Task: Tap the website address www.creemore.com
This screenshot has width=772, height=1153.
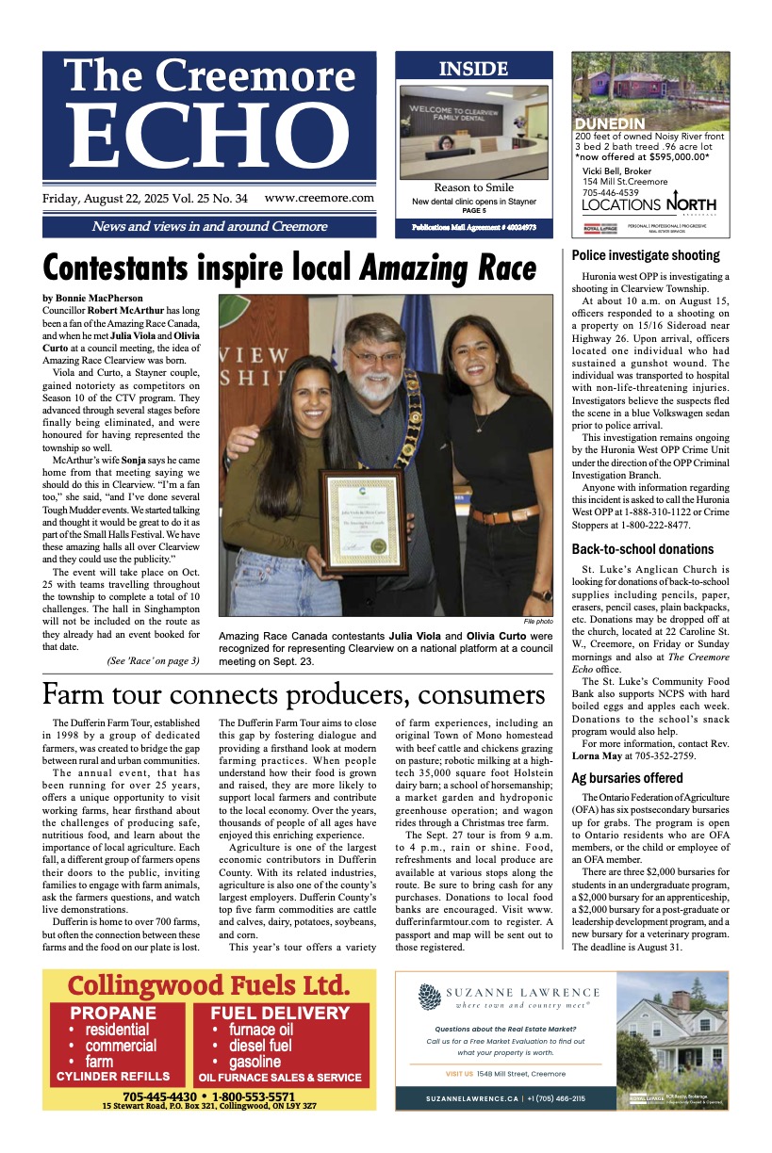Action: (x=319, y=199)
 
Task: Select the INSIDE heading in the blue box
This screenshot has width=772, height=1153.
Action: (x=473, y=69)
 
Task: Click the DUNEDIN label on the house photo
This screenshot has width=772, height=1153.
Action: (x=609, y=124)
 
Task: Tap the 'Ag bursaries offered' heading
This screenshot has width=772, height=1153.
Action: (x=627, y=778)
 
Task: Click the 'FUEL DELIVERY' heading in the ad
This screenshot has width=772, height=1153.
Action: (x=280, y=1015)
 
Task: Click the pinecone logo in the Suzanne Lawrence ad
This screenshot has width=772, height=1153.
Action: (x=430, y=997)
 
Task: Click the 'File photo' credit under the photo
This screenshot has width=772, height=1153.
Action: (x=538, y=622)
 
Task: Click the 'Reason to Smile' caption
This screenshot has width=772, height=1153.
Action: (x=473, y=188)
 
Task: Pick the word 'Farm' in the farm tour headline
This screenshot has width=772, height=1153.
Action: (x=77, y=695)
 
